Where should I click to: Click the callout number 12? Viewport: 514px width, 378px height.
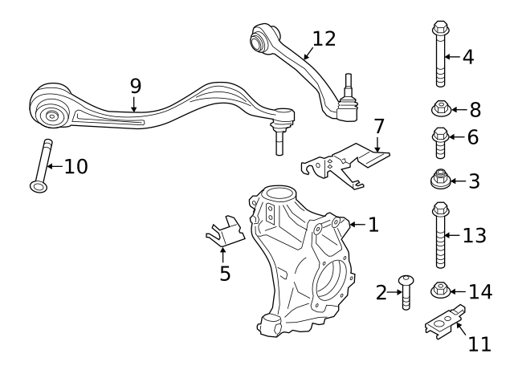(x=324, y=39)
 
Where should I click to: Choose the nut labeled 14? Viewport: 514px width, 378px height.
(x=439, y=289)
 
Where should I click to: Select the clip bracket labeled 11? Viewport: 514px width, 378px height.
(x=443, y=323)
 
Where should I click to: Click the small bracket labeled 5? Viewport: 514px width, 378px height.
(x=225, y=233)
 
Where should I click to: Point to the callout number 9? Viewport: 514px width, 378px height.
(x=135, y=86)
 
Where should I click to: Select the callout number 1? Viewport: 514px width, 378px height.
(x=373, y=225)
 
